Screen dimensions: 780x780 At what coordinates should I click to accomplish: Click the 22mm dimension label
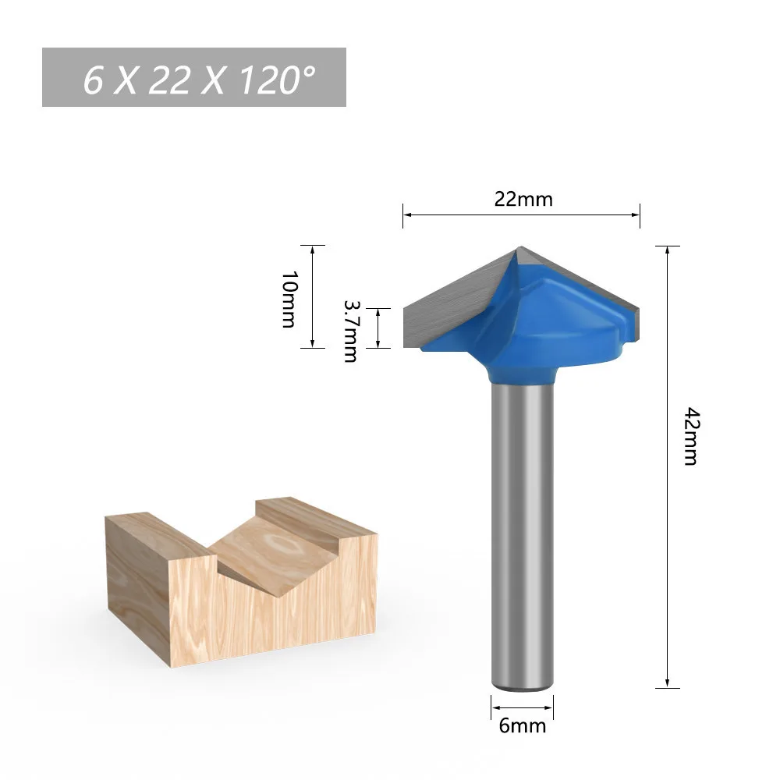pyautogui.click(x=523, y=199)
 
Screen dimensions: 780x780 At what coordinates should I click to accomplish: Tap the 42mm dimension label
pyautogui.click(x=692, y=436)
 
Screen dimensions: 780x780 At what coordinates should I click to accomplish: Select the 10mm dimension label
pyautogui.click(x=289, y=299)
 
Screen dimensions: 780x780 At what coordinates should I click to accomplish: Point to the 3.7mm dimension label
pyautogui.click(x=351, y=331)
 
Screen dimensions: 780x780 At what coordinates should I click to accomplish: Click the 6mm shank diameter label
pyautogui.click(x=523, y=725)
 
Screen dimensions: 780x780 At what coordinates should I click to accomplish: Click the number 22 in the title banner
pyautogui.click(x=169, y=80)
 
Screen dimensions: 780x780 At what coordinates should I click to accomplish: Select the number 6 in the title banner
pyautogui.click(x=93, y=80)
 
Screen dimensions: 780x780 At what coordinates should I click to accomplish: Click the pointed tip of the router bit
pyautogui.click(x=520, y=246)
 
